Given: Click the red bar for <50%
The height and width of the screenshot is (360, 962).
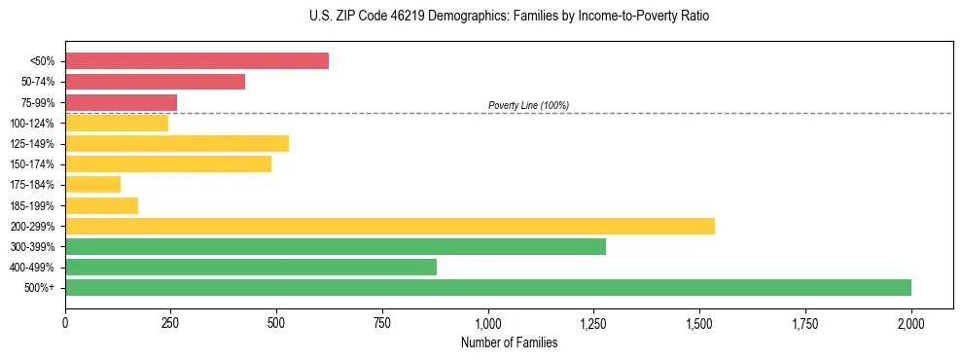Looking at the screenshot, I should pyautogui.click(x=196, y=61).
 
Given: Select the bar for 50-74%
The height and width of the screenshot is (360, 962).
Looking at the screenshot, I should pyautogui.click(x=155, y=82).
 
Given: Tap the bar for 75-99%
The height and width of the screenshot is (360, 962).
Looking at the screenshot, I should pyautogui.click(x=121, y=102).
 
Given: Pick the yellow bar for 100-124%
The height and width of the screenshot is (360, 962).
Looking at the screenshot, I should pyautogui.click(x=117, y=123).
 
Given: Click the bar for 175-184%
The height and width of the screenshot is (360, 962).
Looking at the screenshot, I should pyautogui.click(x=92, y=185).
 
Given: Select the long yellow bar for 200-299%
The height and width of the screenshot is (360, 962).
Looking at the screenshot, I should pyautogui.click(x=389, y=226).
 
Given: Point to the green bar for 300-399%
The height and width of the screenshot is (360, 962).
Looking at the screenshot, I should pyautogui.click(x=336, y=247).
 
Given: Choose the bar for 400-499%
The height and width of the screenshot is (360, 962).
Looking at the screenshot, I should pyautogui.click(x=251, y=268).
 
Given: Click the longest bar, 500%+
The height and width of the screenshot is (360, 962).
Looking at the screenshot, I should pyautogui.click(x=487, y=288).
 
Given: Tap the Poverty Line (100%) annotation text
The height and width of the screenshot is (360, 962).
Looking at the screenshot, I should pyautogui.click(x=528, y=105).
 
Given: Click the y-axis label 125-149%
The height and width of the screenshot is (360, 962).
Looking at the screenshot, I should pyautogui.click(x=32, y=144).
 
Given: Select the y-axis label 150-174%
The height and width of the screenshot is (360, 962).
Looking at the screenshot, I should pyautogui.click(x=32, y=164).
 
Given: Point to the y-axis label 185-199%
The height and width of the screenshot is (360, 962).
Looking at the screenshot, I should pyautogui.click(x=32, y=206).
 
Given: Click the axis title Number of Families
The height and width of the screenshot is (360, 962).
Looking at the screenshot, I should pyautogui.click(x=509, y=342).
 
